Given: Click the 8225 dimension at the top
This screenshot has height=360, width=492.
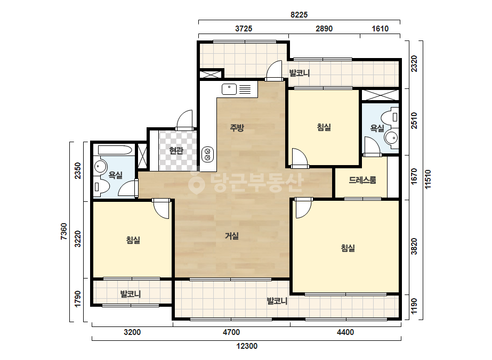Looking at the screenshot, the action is pos(299,15).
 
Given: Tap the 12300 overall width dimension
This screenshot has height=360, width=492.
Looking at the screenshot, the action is pos(247,346).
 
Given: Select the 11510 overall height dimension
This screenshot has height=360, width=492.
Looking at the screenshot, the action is pos(428,179).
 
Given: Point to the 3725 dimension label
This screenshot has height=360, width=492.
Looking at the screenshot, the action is pos(244,29).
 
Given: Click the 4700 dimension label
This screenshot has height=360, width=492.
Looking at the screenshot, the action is pos(231,332).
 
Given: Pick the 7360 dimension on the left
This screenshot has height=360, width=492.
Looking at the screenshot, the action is pos(63,232).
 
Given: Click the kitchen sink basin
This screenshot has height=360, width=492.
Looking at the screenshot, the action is pos(229,89).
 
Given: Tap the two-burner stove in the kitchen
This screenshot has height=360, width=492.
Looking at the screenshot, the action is pos(207,154).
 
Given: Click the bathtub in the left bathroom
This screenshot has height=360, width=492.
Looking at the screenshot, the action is pos(115,150).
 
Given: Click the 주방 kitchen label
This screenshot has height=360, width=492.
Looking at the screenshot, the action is pos(237,128).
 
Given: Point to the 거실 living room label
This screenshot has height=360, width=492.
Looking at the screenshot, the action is pos(232,236).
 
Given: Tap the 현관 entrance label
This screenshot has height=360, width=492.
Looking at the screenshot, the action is pos(176,151).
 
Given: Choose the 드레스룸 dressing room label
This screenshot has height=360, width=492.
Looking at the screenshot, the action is pos(362,180).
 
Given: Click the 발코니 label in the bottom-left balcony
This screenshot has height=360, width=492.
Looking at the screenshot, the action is pos(131,294).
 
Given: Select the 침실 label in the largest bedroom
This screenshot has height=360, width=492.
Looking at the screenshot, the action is pos(348,248).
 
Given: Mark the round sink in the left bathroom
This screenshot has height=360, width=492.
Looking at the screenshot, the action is pos(100,166).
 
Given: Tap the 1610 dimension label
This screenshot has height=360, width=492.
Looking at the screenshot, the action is pos(380,29).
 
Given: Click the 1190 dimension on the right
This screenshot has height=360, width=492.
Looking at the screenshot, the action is pos(414,306).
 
